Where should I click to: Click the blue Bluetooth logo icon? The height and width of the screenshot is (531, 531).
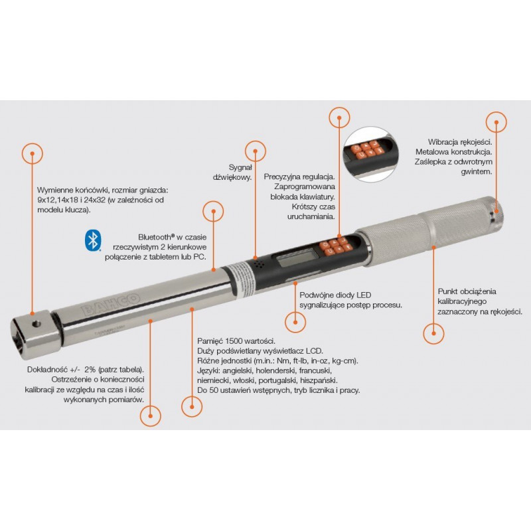click(92, 241)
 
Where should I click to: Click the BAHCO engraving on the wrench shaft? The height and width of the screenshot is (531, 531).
click(111, 304)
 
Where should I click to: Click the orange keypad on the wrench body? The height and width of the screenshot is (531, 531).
click(337, 246)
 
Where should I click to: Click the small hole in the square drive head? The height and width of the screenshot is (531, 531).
click(37, 325)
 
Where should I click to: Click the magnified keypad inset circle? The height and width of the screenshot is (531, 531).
click(369, 155)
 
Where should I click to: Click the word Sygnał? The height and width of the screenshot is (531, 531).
click(240, 167)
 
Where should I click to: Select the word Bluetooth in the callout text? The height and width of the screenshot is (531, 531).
click(155, 237)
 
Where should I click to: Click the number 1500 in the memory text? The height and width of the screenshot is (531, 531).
click(234, 341)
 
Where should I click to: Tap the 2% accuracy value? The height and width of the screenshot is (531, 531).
click(90, 370)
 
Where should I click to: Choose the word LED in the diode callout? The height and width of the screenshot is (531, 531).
click(363, 295)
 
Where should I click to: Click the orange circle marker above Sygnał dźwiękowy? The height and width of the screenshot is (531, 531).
click(256, 151)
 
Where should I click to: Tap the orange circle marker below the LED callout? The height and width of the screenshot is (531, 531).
click(295, 322)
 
